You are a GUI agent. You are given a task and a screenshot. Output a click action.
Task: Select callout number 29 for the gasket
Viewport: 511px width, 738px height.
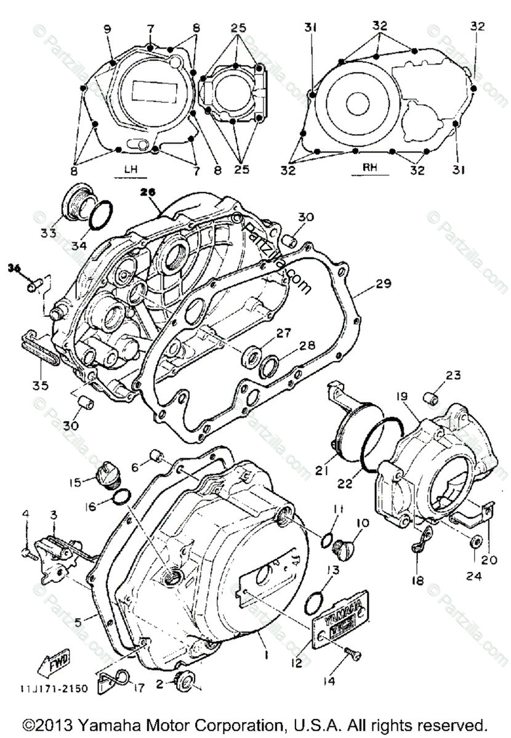tap(383, 285)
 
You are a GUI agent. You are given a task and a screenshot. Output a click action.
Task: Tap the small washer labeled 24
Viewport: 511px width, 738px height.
tap(476, 542)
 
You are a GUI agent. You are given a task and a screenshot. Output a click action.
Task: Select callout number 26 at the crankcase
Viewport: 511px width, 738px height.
tap(146, 191)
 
